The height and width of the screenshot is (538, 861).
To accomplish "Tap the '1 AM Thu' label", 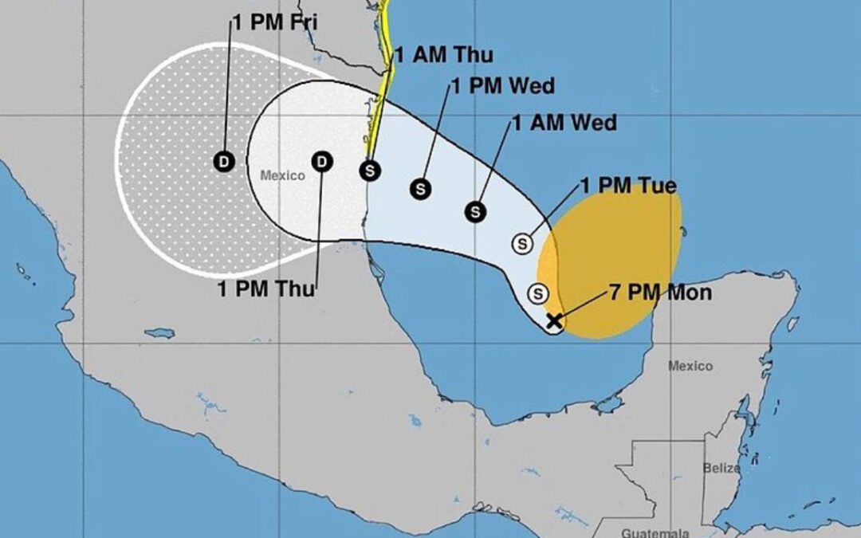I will (443, 55).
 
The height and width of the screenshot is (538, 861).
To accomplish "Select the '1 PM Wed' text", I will (502, 86).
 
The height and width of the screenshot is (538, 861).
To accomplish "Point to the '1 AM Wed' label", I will (564, 123).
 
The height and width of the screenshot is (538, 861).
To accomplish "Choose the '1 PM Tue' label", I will (628, 187).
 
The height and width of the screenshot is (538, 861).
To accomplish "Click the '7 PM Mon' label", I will (660, 292).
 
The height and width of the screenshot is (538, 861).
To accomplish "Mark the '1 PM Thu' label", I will (266, 289).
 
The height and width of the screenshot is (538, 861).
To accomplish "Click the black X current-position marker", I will (553, 321).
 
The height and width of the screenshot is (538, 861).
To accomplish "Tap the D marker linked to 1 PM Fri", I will (224, 162).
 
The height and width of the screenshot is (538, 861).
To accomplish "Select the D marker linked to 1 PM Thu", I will (322, 162).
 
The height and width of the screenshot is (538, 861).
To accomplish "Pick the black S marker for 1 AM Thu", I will (368, 170).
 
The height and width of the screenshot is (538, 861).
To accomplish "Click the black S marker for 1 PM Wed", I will (421, 189).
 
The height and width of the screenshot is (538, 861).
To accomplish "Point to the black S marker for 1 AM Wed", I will (476, 211).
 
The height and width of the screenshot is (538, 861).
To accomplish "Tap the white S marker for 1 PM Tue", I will (524, 242).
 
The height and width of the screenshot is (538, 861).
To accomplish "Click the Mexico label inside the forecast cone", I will (283, 175).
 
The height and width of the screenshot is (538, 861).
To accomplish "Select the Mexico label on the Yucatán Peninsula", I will (690, 366).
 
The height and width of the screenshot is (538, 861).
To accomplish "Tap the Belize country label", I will (721, 469).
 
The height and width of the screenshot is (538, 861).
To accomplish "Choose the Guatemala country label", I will (647, 532).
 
